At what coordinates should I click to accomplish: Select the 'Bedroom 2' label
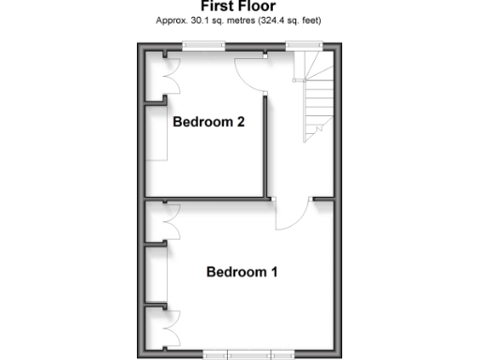[x=209, y=122]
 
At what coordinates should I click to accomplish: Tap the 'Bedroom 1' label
[x=242, y=273]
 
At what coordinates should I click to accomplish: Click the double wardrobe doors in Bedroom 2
[x=169, y=75]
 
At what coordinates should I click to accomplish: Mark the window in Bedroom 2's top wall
[x=197, y=45]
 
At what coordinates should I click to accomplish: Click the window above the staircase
[x=303, y=45]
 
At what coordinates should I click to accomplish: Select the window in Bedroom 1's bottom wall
[x=248, y=355]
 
